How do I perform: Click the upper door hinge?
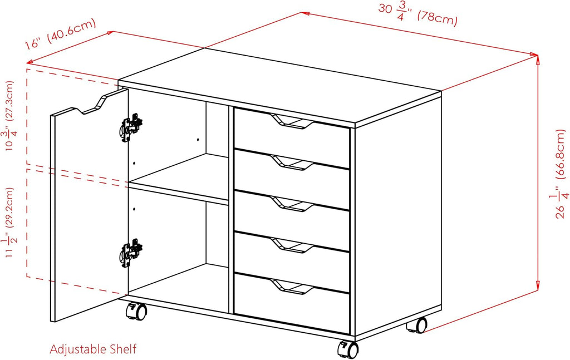131,127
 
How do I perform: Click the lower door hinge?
131,253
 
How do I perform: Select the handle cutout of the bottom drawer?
292,287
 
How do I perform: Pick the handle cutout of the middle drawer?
292,204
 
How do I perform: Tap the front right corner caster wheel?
348,349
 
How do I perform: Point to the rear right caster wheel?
417,325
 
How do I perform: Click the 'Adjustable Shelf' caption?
93,349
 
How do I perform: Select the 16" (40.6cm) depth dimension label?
60,34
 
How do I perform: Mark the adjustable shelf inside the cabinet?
179,179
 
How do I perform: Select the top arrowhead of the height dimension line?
538,58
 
